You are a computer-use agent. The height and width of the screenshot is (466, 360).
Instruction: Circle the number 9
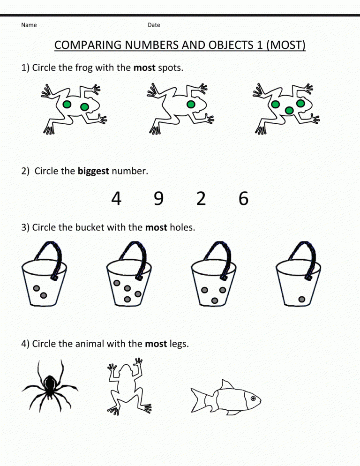coord(158,198)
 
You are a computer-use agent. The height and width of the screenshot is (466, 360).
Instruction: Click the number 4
coord(116,198)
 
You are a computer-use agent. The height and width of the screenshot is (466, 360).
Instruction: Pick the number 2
coord(201,198)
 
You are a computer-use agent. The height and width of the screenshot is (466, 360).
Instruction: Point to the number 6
coord(243,198)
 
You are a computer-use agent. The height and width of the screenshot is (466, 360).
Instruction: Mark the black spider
coord(50,386)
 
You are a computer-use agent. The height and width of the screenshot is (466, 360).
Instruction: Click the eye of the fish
coord(253,398)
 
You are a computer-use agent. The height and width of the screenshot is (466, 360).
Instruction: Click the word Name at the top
coord(29,25)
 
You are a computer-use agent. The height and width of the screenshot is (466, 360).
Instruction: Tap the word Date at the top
coord(154,25)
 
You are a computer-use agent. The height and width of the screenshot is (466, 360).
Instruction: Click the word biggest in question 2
coord(93,171)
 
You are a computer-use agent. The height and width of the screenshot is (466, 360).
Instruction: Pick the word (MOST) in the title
coord(285,45)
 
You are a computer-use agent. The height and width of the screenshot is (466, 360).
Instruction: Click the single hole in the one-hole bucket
coord(302,299)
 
